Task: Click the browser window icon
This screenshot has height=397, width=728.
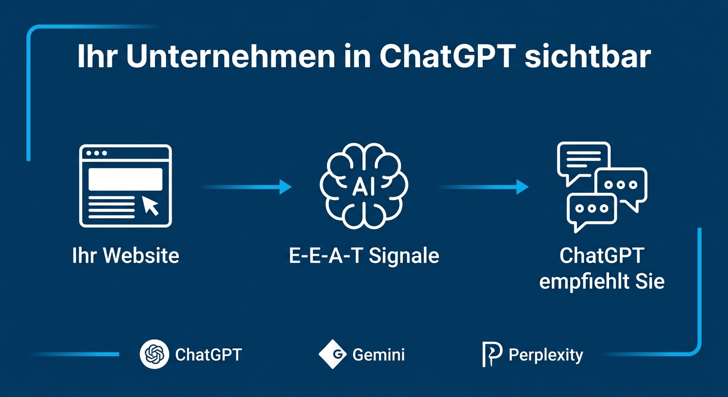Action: click(125, 186)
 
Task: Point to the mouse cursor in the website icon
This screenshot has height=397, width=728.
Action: click(150, 206)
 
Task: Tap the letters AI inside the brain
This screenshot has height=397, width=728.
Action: click(364, 188)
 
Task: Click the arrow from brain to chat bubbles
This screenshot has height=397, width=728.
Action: click(483, 187)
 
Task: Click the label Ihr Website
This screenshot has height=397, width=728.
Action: click(126, 256)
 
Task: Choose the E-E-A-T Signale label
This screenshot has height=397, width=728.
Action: click(364, 256)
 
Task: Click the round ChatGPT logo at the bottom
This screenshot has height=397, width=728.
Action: click(154, 355)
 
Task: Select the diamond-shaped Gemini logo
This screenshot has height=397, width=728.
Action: click(332, 355)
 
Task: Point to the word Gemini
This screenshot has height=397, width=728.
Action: click(378, 355)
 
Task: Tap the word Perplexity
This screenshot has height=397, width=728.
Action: click(545, 355)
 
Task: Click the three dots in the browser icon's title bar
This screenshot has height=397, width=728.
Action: click(97, 154)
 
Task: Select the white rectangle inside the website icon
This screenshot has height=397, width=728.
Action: click(125, 179)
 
